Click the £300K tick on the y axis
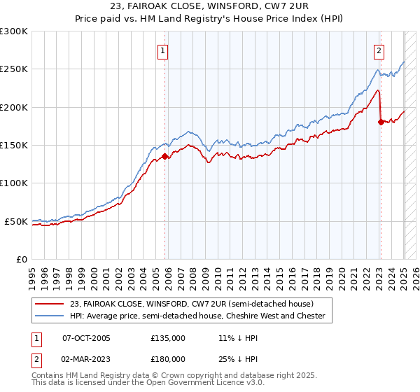[x=14, y=31]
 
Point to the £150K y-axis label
[x=14, y=145]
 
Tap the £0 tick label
[x=22, y=259]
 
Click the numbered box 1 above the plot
[x=162, y=50]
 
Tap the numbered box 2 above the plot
[x=379, y=50]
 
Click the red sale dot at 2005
[x=165, y=157]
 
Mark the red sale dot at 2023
[x=381, y=122]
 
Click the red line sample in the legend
[x=50, y=304]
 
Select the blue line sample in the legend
[x=50, y=316]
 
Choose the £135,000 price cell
[x=168, y=338]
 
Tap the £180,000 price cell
[x=168, y=358]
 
